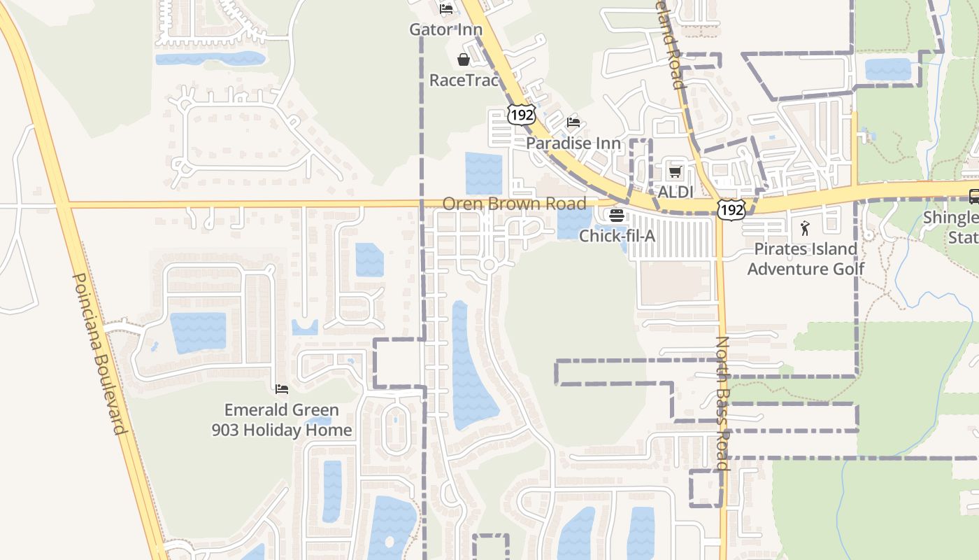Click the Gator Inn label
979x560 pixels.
click(445, 29)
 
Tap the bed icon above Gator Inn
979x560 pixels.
click(446, 9)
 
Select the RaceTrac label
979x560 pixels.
click(464, 80)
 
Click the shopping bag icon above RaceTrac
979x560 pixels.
click(463, 59)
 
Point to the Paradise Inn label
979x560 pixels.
click(573, 143)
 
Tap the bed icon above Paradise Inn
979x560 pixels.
click(573, 122)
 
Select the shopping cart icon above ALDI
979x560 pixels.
click(675, 171)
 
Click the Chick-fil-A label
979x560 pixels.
click(617, 236)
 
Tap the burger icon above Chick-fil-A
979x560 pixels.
click(616, 216)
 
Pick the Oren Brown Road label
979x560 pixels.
click(514, 204)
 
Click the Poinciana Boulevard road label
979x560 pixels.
click(99, 353)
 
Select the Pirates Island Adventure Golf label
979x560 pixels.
click(806, 258)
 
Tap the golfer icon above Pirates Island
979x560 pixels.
click(805, 228)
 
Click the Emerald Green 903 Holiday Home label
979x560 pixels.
click(282, 419)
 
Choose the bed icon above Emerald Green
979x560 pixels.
click(282, 389)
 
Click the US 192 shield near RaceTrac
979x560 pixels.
click(522, 114)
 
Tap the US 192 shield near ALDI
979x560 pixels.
click(731, 209)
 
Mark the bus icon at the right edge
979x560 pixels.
click(973, 197)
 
